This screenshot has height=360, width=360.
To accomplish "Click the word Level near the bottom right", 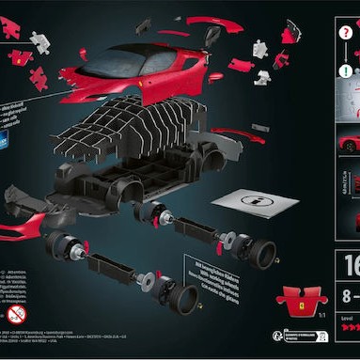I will pyautogui.click(x=344, y=320).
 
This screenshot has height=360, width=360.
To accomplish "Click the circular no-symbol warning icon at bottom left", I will pyautogui.click(x=17, y=314).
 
